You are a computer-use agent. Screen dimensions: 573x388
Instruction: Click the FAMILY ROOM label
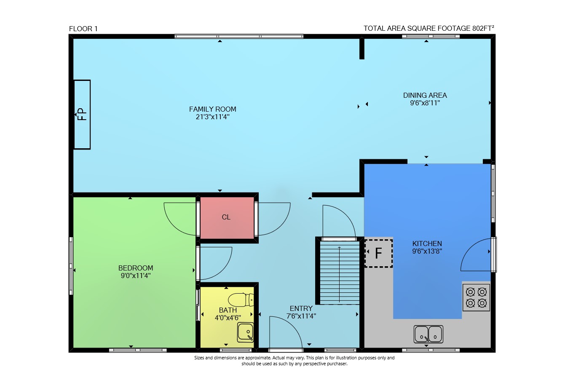click(213, 109)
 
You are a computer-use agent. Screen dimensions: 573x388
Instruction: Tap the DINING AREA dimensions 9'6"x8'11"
click(425, 103)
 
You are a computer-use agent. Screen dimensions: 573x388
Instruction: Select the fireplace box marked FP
click(82, 114)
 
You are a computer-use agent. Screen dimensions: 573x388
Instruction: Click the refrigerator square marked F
click(379, 254)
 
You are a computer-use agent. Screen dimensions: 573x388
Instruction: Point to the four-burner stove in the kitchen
click(476, 297)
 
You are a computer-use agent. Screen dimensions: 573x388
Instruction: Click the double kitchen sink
click(428, 334)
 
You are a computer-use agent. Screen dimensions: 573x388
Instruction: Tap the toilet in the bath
click(241, 300)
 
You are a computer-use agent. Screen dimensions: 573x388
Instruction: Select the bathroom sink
click(245, 332)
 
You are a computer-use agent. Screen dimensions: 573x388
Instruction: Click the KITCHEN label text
click(427, 244)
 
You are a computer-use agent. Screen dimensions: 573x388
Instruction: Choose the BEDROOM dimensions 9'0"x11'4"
click(136, 276)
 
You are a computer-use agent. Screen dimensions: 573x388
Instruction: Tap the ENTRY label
click(301, 308)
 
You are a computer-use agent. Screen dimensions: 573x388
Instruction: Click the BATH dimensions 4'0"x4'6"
click(228, 318)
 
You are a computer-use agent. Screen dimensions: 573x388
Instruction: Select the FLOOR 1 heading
click(83, 29)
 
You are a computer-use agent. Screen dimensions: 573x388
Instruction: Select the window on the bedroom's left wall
click(71, 266)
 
